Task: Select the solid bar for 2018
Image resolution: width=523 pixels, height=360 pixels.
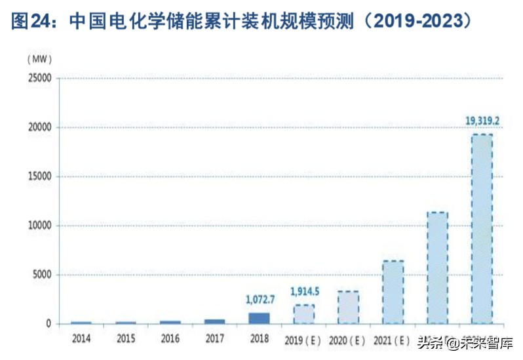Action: pos(259,318)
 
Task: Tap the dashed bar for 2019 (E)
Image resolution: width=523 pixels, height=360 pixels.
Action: pos(303,314)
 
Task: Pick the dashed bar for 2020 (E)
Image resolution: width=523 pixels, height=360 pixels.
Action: pos(348,307)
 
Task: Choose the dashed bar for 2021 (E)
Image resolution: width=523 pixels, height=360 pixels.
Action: pos(393,292)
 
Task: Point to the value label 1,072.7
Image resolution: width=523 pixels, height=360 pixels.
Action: pos(259,300)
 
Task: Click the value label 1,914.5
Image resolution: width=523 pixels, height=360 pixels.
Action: pos(303,291)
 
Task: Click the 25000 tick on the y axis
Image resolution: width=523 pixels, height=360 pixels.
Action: pos(39,78)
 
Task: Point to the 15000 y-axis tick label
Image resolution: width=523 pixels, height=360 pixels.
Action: pos(39,176)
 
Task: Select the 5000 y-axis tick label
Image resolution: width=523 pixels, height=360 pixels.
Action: pos(41,275)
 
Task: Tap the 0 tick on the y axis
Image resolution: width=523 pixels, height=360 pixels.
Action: pos(48,324)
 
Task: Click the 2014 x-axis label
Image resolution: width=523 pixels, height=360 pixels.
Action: pos(81,340)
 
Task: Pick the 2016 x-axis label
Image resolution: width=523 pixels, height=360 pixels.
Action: pos(170,340)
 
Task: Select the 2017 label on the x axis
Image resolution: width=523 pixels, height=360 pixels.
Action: pos(214,340)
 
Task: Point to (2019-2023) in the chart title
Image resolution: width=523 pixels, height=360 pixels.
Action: pos(419,22)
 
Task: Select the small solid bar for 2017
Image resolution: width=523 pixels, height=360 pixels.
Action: pos(214,321)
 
